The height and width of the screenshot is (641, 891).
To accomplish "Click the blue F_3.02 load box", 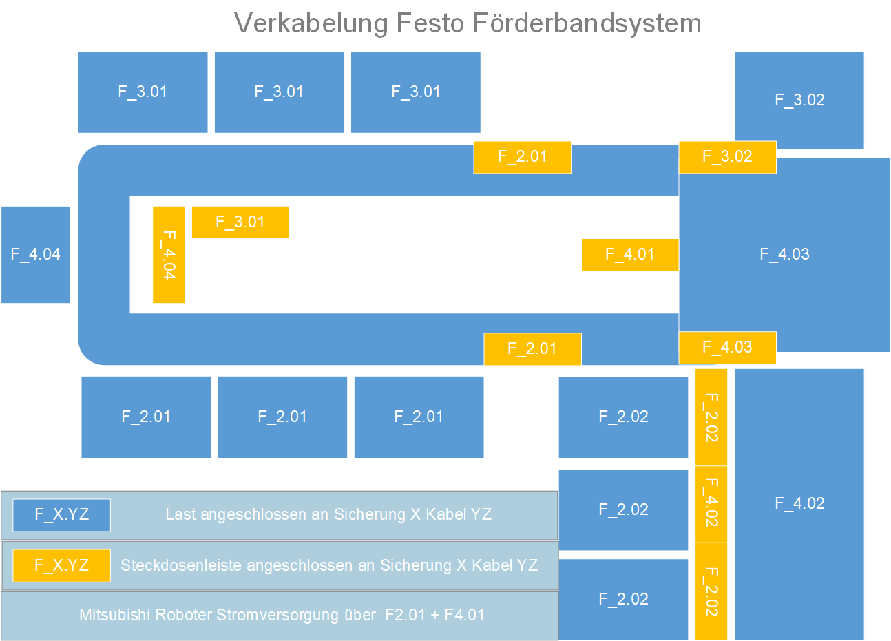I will (799, 100).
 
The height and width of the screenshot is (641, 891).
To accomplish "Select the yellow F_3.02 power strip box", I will (727, 157).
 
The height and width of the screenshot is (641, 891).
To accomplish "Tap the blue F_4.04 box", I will (35, 254).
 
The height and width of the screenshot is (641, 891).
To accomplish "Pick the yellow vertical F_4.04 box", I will (169, 255).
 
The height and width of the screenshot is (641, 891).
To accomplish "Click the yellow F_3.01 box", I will (240, 222).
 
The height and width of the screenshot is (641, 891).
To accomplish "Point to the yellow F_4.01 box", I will (629, 255).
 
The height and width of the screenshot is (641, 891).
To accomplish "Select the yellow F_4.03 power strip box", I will (727, 348).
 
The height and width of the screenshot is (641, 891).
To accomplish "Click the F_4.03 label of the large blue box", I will (784, 254).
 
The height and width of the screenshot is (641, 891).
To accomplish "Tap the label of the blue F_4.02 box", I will (799, 503).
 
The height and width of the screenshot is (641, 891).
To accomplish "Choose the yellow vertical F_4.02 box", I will (711, 503).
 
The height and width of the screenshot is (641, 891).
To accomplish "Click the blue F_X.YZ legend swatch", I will (61, 515).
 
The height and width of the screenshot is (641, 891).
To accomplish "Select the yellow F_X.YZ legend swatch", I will (61, 565).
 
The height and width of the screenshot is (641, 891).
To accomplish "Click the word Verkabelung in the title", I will (311, 23).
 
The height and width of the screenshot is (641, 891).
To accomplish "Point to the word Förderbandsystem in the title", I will (587, 23).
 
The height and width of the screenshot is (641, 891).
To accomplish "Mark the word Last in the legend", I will (180, 515).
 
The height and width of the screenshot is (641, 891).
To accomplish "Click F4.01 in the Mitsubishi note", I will (465, 615).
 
